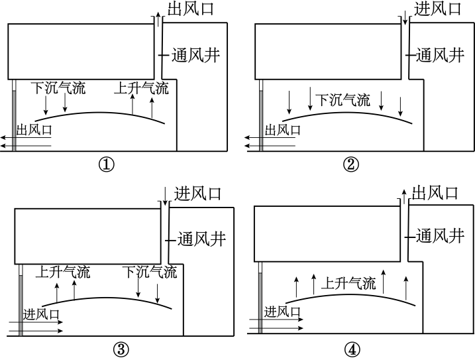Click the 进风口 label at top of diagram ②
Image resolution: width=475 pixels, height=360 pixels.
[438, 9]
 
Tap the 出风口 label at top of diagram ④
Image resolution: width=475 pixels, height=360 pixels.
[435, 193]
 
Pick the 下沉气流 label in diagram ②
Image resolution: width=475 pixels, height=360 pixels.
[343, 100]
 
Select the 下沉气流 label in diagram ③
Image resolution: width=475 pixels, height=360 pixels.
[149, 272]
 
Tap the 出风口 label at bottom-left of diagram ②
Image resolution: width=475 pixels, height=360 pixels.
[283, 131]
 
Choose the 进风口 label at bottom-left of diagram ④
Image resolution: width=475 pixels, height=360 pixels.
[283, 312]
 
